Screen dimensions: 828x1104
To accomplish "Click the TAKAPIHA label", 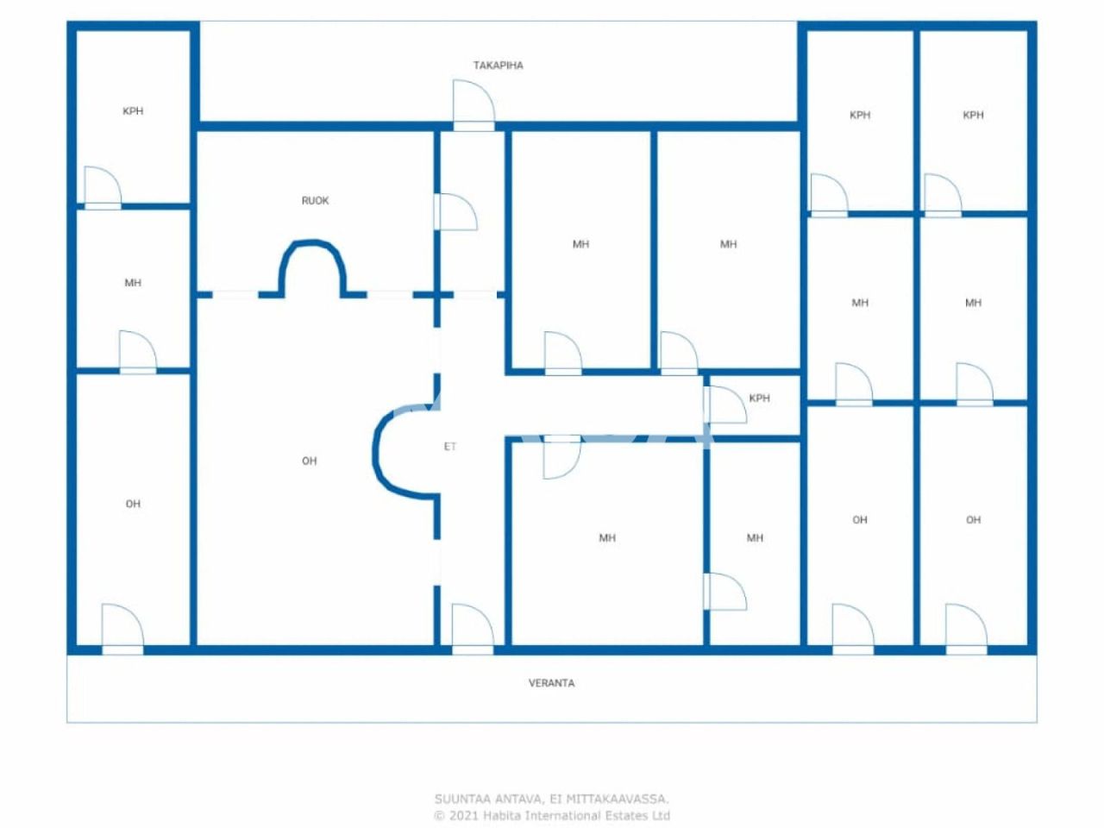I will coord(498,66).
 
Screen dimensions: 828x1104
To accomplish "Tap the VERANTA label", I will coord(551,683).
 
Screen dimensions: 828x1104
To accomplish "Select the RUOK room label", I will coord(315,201).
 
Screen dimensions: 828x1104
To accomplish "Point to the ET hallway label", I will coord(449,447).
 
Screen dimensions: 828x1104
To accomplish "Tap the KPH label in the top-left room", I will coord(133,111).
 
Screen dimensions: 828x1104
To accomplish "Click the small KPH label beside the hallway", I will coord(759,398).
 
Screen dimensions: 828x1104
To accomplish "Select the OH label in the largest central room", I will coord(310,461).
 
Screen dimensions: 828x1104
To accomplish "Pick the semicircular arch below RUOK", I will coord(312,263).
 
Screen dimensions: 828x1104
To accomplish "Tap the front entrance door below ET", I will coord(472,627).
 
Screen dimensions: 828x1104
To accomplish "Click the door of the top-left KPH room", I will coord(103,187).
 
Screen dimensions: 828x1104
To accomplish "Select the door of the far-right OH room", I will coord(965,627).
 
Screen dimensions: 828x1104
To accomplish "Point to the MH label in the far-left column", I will coord(133,283).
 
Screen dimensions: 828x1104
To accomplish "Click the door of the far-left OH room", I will coord(122,627).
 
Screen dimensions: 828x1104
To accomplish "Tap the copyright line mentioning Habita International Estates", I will coord(551,815).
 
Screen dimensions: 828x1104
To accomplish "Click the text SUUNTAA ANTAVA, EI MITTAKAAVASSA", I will coord(551,800).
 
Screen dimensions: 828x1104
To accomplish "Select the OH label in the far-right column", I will coord(973,520).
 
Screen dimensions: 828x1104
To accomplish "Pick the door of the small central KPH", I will coord(724,405).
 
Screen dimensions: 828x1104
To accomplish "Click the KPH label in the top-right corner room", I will coord(973,115).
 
